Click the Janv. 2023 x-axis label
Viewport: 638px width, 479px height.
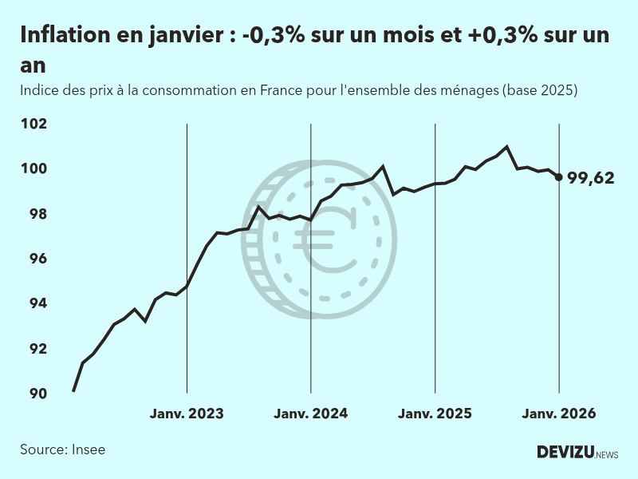187,414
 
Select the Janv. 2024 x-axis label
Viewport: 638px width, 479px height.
310,414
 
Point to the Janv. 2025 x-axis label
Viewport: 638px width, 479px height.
435,414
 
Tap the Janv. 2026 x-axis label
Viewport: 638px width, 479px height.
558,414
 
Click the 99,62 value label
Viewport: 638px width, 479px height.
591,178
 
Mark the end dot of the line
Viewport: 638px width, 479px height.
558,177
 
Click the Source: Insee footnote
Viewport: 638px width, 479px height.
63,449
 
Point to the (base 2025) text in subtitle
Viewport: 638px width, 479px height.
539,90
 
